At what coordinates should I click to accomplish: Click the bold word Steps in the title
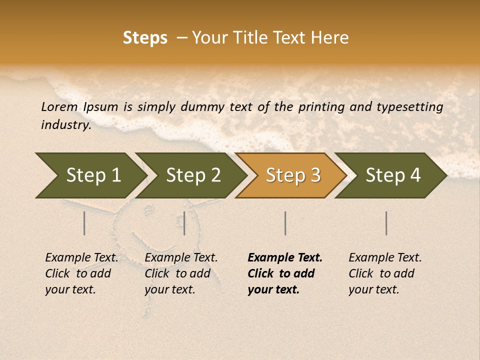[145, 38]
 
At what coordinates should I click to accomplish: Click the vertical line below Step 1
[84, 223]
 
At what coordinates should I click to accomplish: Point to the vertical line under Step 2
[184, 223]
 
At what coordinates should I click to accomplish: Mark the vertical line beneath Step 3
[285, 223]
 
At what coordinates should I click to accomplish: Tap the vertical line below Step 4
[386, 223]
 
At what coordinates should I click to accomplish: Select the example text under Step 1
[81, 273]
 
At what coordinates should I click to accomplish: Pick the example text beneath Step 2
[181, 273]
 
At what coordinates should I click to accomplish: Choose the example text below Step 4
[385, 273]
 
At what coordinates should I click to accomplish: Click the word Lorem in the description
[59, 107]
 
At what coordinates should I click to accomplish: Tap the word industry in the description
[66, 125]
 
